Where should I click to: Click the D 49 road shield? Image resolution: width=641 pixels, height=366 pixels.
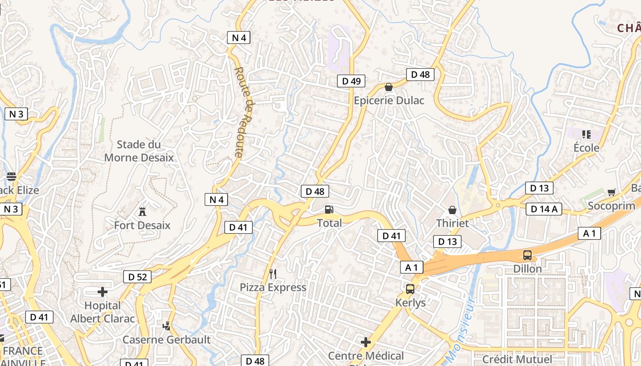351,81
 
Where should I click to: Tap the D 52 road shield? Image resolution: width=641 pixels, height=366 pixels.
137,276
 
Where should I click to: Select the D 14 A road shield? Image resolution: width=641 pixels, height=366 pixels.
543,209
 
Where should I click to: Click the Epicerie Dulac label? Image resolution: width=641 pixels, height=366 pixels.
389,100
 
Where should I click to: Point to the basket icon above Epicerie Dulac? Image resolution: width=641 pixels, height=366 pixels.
389,87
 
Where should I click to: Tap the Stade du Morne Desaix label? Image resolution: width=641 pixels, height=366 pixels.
139,151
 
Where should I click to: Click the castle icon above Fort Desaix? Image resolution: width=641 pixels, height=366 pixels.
142,212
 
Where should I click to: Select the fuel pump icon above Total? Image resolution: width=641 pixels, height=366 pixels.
329,210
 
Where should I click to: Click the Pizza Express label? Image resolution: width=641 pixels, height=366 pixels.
273,287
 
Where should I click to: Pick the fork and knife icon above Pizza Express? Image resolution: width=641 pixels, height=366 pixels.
273,274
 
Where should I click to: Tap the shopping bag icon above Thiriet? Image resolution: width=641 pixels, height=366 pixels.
452,210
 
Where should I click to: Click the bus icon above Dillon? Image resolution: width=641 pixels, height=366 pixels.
527,255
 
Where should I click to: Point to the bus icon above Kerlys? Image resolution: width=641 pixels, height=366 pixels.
410,289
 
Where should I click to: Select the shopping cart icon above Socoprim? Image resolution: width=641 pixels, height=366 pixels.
611,192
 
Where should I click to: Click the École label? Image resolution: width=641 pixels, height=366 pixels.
587,148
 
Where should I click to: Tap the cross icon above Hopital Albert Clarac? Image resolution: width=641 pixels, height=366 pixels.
103,292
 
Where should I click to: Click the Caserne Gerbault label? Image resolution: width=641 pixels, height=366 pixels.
166,339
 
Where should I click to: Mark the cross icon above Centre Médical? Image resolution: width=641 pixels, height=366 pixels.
366,342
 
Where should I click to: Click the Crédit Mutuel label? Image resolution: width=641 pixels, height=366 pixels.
517,359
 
